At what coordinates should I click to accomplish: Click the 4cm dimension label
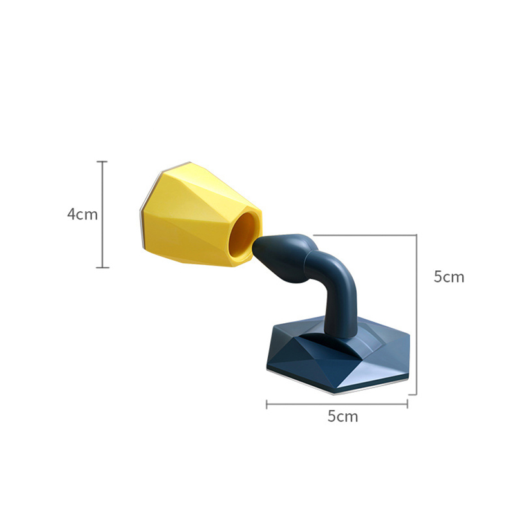82,214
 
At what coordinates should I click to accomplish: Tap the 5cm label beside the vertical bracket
449,277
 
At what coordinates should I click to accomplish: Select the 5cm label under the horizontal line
342,417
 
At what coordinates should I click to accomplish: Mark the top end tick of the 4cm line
102,162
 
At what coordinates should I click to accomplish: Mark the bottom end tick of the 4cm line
102,267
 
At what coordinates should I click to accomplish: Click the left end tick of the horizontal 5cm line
267,404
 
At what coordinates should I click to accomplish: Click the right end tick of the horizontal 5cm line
407,404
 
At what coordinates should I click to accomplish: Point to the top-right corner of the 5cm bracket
417,235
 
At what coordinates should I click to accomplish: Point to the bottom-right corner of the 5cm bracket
417,394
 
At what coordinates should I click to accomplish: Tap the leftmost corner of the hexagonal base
265,368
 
